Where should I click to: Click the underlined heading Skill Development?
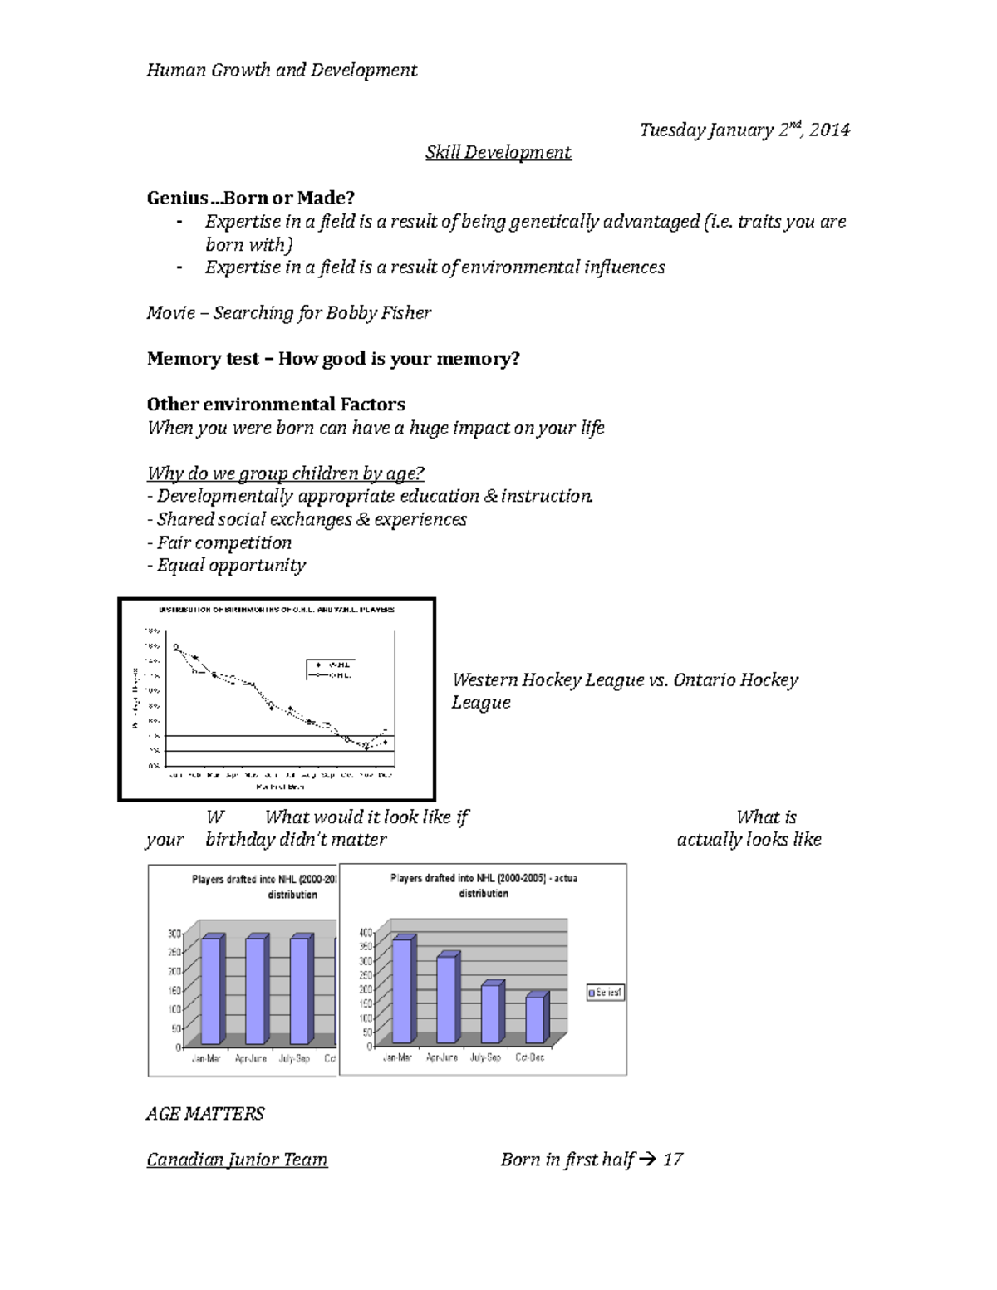pos(498,153)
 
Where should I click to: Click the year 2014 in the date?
pos(829,130)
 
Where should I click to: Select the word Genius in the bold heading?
pos(177,199)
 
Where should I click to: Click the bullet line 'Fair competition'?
pos(219,543)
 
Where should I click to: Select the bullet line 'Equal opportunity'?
pos(226,566)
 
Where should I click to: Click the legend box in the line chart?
pos(330,670)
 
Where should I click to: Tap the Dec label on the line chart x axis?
pos(385,775)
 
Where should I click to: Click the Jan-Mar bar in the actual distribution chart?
pos(402,989)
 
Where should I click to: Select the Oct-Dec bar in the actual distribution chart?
pos(535,1018)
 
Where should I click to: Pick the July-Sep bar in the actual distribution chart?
pos(491,1013)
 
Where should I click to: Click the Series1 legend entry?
pos(605,993)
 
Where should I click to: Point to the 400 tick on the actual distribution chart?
pos(365,934)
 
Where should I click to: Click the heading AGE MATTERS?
pos(205,1114)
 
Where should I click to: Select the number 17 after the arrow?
pos(673,1160)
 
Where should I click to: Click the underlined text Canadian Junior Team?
pos(237,1160)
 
